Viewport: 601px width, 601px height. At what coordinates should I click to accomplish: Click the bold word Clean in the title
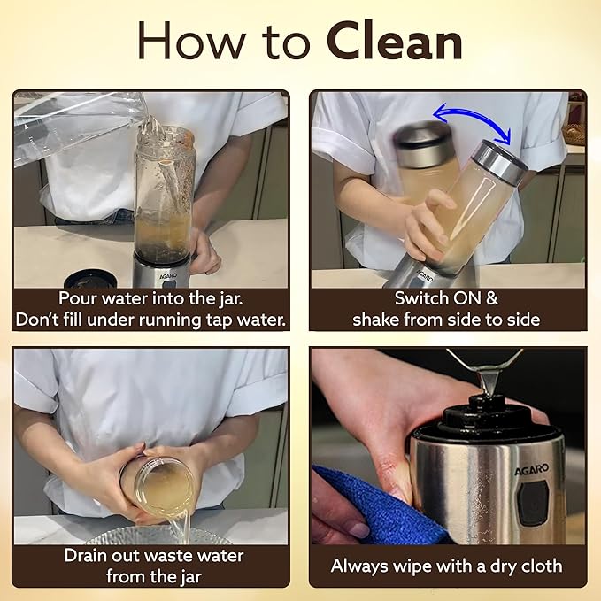(395, 41)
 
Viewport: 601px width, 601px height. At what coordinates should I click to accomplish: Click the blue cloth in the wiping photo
(380, 506)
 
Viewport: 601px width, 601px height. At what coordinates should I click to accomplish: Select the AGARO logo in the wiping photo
(532, 469)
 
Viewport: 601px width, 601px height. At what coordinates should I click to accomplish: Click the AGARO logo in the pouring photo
(168, 276)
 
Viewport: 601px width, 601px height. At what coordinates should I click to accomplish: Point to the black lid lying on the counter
(90, 280)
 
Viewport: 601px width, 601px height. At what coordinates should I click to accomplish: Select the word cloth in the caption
(541, 566)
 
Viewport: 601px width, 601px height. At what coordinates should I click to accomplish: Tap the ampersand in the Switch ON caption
(492, 298)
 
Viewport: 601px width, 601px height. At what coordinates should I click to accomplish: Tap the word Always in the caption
(359, 566)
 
